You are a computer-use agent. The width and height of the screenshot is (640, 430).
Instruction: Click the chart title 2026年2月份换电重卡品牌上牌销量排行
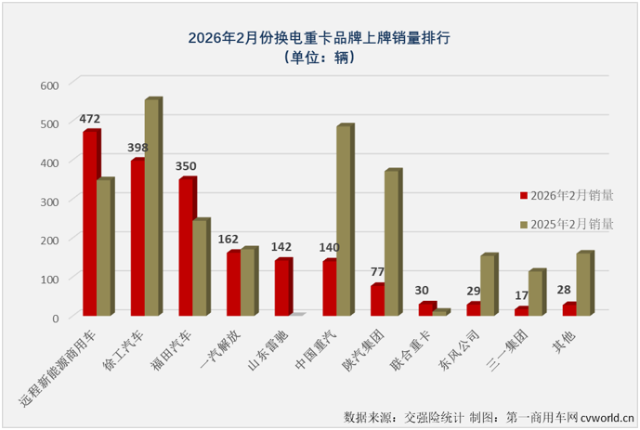tap(320, 38)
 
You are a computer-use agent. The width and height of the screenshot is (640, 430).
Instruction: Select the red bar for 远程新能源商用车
tap(90, 223)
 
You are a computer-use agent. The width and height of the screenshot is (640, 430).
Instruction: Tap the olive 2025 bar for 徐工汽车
tap(152, 208)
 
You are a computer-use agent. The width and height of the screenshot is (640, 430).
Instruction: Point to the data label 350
tap(186, 166)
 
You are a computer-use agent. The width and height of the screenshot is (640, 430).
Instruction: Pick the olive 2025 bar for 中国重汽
tap(344, 221)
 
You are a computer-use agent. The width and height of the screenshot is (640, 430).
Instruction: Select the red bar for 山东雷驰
tap(281, 288)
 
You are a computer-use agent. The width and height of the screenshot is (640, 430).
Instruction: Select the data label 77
tap(378, 272)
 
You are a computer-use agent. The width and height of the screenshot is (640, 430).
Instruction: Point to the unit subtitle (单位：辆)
tap(320, 59)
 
